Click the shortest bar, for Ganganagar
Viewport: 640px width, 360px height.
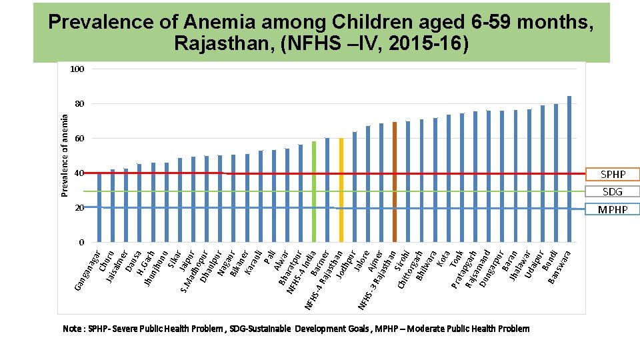click(99, 207)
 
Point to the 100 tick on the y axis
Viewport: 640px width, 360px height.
click(79, 69)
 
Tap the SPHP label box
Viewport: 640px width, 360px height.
click(613, 174)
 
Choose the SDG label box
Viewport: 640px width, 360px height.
click(613, 192)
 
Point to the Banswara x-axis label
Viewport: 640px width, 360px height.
click(559, 265)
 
